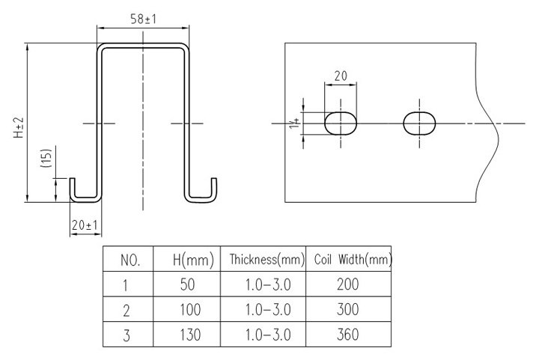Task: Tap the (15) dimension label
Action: [46, 159]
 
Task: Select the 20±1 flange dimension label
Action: [85, 225]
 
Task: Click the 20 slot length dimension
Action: [341, 76]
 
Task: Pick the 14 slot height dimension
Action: [297, 123]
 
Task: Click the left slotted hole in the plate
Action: [341, 123]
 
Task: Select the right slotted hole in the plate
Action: [419, 123]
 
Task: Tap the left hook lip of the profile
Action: [76, 190]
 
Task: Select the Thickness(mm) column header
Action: [267, 261]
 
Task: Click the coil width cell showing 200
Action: [347, 284]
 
